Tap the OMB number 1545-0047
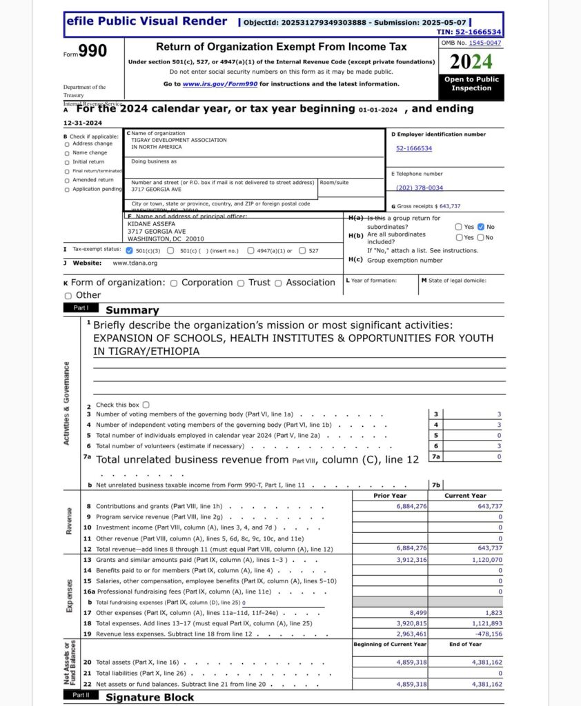point(485,43)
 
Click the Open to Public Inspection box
point(472,83)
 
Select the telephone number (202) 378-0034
point(420,188)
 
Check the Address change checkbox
point(67,144)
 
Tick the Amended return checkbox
point(67,180)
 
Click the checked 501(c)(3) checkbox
point(129,251)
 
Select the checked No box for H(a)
point(481,227)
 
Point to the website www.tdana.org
point(135,263)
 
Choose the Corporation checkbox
point(174,283)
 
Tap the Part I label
point(81,308)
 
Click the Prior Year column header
point(390,496)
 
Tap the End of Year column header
point(466,644)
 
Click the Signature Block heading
point(150,697)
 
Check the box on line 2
point(146,405)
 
